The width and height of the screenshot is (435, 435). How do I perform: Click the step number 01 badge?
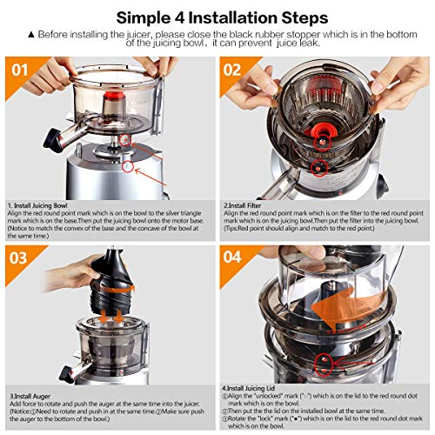[20, 70]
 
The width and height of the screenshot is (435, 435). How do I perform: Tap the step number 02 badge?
[232, 70]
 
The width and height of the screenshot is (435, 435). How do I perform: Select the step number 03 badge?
[18, 258]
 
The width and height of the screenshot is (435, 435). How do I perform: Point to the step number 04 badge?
[232, 257]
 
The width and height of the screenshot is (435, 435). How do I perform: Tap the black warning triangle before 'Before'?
[31, 35]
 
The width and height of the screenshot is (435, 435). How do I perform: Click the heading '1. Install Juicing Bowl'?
[37, 205]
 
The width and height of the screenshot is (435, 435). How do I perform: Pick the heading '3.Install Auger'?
[30, 396]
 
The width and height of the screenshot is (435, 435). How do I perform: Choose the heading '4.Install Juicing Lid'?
[249, 388]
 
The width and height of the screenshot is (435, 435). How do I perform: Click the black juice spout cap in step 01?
[52, 140]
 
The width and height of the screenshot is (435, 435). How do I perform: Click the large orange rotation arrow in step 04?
[345, 309]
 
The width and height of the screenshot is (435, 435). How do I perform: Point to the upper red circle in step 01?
[125, 140]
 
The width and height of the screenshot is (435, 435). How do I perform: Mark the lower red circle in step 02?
[318, 168]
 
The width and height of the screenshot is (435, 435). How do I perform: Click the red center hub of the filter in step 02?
[320, 130]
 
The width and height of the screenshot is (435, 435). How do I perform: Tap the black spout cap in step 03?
[65, 373]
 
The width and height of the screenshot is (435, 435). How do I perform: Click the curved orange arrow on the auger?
[117, 289]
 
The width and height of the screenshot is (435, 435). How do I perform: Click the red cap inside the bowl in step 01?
[114, 95]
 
